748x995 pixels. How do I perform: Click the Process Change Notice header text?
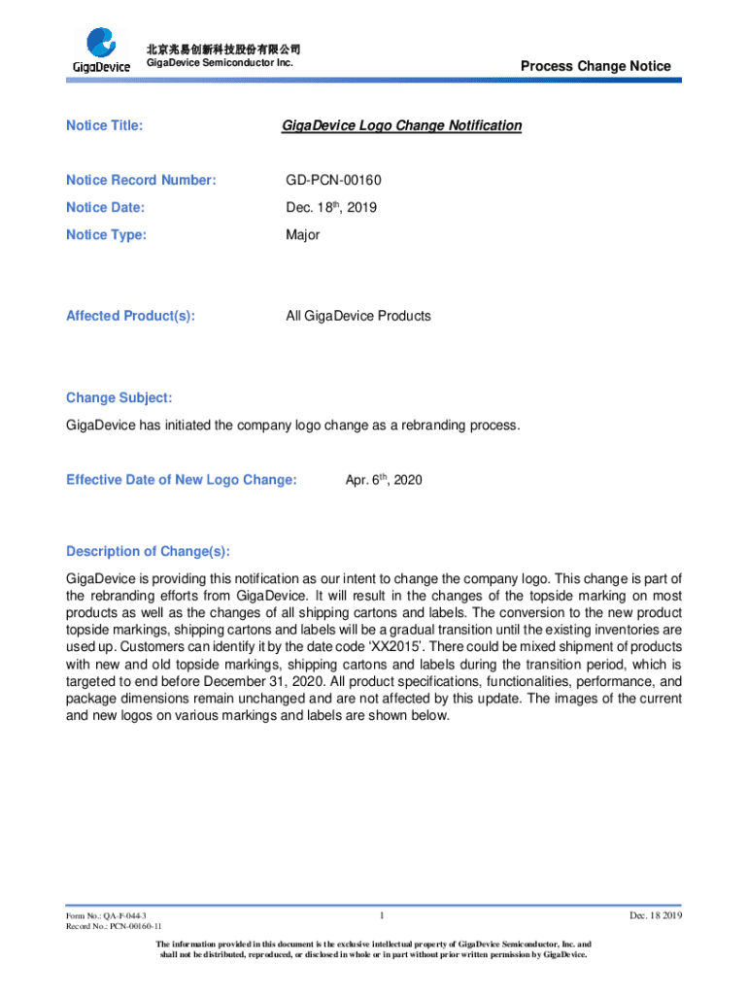click(x=595, y=66)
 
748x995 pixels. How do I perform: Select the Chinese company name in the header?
click(x=222, y=50)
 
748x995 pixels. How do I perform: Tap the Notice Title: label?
click(x=104, y=125)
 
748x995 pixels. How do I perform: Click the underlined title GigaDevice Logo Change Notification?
click(x=401, y=125)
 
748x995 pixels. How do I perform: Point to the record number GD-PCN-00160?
click(x=335, y=180)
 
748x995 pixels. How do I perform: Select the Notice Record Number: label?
click(x=141, y=180)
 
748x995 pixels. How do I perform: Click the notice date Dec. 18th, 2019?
click(x=331, y=207)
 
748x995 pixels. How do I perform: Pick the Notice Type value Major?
click(x=302, y=234)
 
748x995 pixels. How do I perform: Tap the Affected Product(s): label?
click(x=130, y=316)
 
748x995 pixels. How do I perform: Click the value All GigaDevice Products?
click(x=357, y=316)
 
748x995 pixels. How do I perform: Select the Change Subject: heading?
click(x=119, y=397)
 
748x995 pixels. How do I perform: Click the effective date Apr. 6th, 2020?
click(x=384, y=480)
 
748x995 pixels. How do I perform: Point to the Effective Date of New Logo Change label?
click(x=182, y=480)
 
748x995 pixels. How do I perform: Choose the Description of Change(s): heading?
click(x=149, y=551)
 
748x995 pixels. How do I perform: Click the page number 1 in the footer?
click(x=385, y=914)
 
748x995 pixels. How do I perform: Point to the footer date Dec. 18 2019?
click(x=657, y=916)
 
